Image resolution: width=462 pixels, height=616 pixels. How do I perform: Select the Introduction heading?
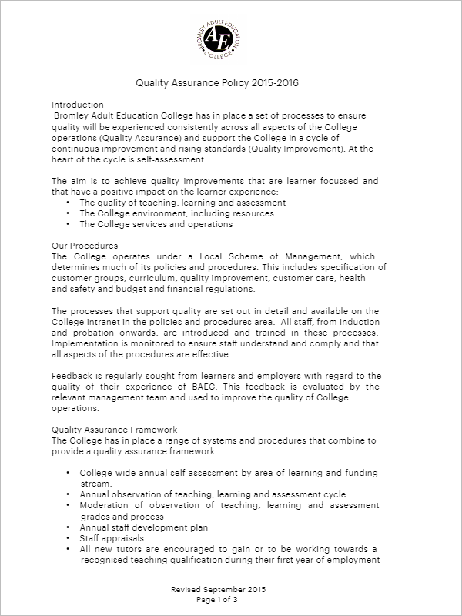77,104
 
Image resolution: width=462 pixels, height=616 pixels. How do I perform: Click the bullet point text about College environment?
176,213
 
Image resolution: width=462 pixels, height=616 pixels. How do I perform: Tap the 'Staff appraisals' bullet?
111,538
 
